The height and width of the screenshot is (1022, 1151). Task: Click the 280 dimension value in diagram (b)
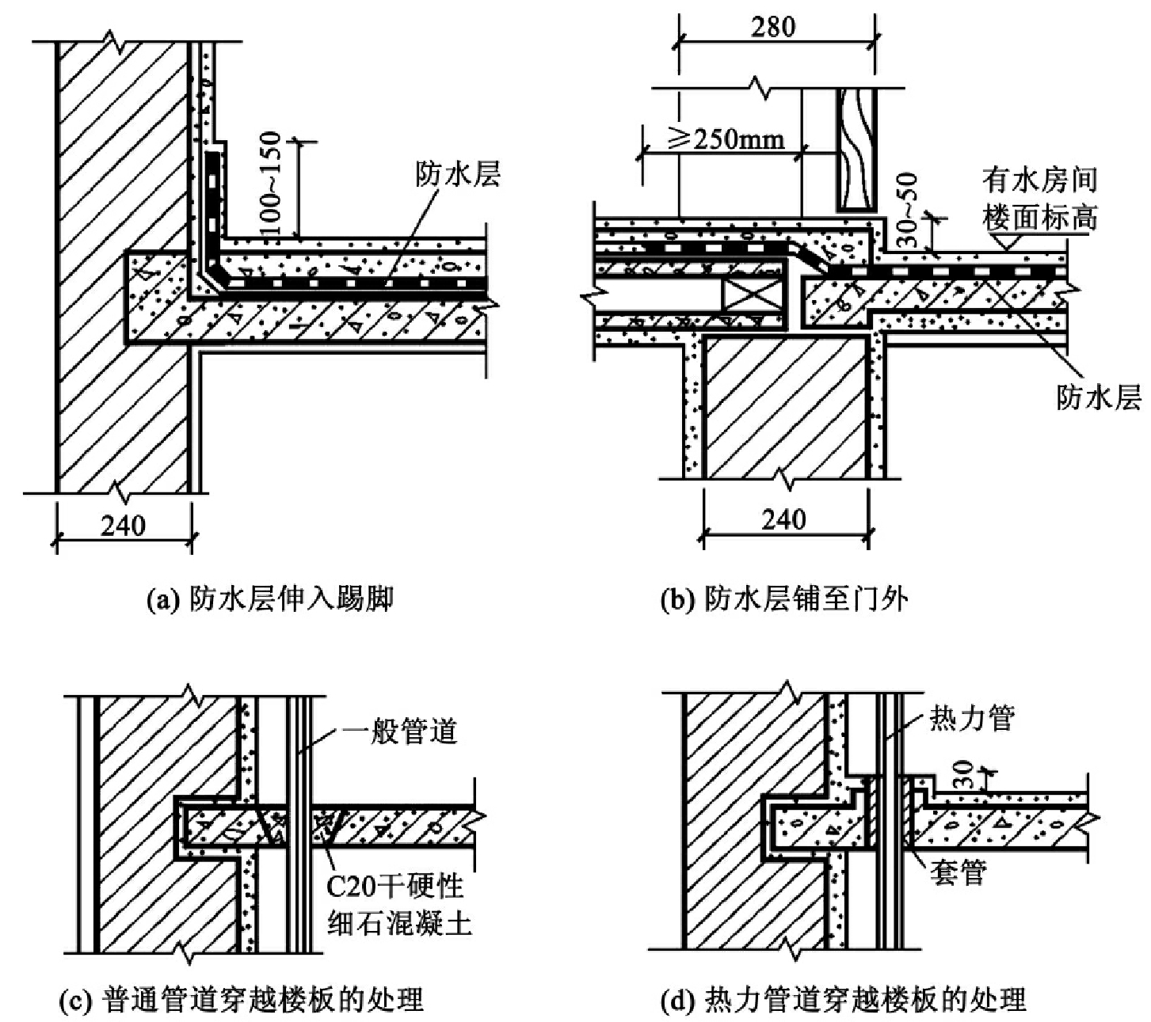(x=773, y=27)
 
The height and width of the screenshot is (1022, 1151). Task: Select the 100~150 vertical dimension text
(x=273, y=183)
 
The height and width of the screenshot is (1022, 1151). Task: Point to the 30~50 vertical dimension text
(x=909, y=210)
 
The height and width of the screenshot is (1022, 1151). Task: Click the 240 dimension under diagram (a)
(x=124, y=525)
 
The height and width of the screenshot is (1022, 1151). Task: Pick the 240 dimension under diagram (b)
(x=783, y=519)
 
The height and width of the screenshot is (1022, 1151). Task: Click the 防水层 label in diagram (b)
(x=1098, y=397)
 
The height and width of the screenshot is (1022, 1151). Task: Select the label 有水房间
(x=1039, y=180)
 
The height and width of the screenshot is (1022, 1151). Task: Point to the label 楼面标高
(x=1039, y=218)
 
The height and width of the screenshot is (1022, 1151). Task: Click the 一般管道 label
(x=399, y=731)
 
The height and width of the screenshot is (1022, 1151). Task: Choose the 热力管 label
(x=972, y=718)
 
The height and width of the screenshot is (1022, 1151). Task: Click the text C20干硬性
(x=395, y=887)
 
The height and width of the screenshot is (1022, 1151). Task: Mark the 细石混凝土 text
(x=399, y=924)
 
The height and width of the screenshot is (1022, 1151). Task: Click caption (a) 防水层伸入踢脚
(x=270, y=599)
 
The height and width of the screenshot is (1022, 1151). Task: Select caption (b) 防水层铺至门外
(x=784, y=599)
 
